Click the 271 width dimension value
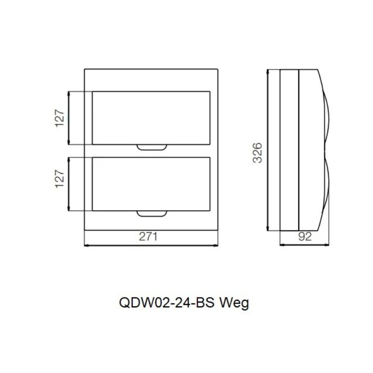tap(148, 237)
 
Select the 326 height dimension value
tap(257, 153)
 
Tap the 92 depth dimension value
tap(305, 237)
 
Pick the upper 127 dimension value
tap(60, 118)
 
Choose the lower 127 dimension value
tap(60, 179)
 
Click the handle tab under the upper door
tap(152, 147)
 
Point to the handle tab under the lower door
tap(152, 214)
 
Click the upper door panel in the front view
tap(151, 118)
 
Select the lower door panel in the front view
tap(151, 184)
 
